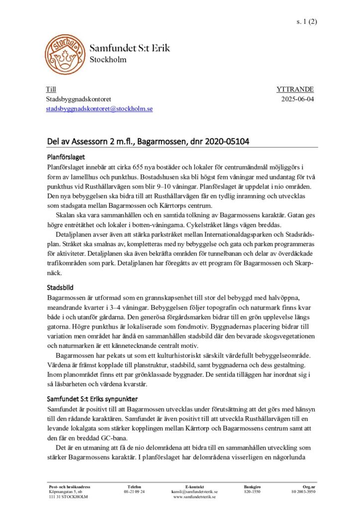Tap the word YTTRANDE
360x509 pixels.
295,89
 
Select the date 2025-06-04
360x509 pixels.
297,99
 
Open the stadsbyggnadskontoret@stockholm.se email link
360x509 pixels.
99,108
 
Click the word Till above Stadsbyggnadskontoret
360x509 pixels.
51,89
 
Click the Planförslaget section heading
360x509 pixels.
66,157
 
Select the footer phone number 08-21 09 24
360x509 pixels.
134,491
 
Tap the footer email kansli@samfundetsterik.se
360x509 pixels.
194,491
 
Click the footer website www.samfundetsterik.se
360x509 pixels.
194,497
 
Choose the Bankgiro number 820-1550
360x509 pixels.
252,491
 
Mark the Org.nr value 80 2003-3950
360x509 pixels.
303,491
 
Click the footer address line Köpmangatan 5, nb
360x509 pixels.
66,491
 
